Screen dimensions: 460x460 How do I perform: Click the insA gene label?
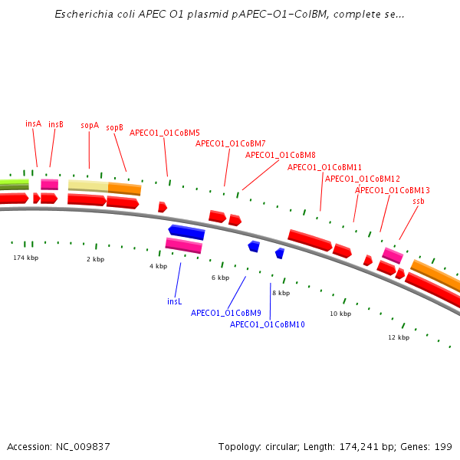click(33, 123)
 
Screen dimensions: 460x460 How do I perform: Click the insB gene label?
click(56, 124)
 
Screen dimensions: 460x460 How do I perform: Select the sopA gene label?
click(90, 125)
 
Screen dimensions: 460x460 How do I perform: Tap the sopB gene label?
click(114, 127)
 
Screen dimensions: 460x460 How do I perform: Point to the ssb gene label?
click(419, 201)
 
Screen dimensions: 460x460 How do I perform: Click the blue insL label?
click(175, 301)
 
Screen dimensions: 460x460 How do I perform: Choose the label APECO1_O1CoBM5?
click(165, 133)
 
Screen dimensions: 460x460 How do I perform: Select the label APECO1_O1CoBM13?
click(393, 190)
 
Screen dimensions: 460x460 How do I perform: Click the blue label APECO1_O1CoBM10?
click(268, 324)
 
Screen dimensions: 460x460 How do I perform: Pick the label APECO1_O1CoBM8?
click(281, 155)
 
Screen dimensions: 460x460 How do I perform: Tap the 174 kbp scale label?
click(25, 258)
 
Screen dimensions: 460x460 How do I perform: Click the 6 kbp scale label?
click(220, 278)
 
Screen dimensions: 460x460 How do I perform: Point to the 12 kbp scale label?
click(399, 337)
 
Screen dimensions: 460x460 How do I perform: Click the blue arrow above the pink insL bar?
click(186, 231)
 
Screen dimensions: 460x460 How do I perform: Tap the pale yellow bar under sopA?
click(88, 185)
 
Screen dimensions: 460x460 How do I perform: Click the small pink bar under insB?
click(49, 184)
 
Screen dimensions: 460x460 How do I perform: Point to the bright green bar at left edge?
click(14, 182)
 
